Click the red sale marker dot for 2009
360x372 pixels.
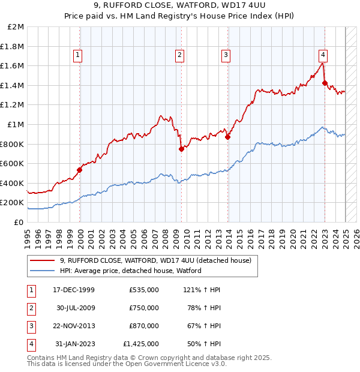pos(181,149)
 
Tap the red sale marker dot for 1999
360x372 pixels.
pos(79,170)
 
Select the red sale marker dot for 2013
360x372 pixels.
pos(227,137)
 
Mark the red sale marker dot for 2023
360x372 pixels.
pos(325,83)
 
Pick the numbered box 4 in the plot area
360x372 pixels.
pos(323,55)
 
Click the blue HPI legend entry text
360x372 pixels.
pos(130,271)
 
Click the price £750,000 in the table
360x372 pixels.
pos(144,308)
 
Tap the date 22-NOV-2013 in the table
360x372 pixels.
pos(74,326)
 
